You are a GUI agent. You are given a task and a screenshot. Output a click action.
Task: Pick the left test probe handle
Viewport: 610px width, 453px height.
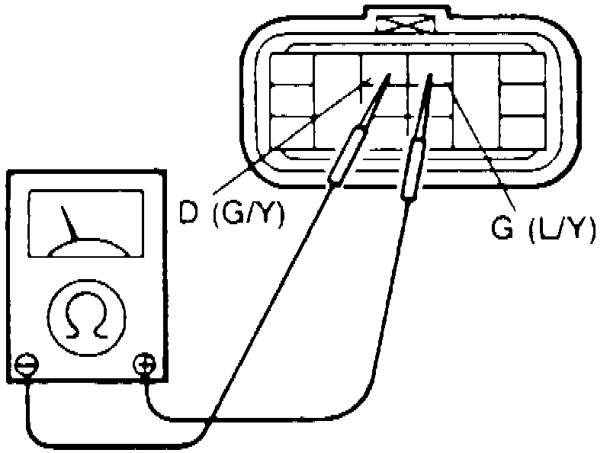coord(346,156)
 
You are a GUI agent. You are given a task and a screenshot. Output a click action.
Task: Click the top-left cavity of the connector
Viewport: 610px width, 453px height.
coord(292,71)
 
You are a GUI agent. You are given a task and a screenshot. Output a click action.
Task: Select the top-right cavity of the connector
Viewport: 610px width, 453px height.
coord(521,71)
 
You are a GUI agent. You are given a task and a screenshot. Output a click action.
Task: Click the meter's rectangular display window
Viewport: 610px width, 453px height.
coord(85,221)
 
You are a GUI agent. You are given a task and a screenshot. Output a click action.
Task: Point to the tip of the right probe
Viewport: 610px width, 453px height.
coord(432,79)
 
